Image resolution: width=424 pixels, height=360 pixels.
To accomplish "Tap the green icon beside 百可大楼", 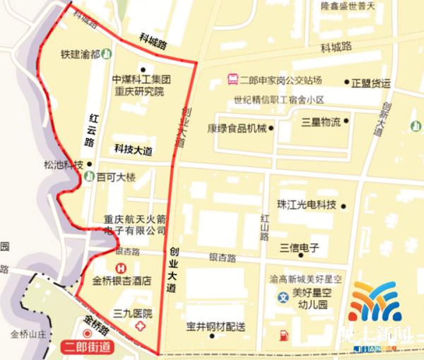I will (x=89, y=175).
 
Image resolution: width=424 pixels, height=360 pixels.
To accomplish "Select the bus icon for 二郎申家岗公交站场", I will (x=232, y=81).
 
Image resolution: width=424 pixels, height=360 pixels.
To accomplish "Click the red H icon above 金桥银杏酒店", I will (x=122, y=268).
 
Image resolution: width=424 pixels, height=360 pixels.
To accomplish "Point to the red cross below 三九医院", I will (x=141, y=325).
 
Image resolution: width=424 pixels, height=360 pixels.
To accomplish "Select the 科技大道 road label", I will (x=133, y=149).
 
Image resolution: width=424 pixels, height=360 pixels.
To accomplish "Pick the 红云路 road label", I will (x=90, y=129).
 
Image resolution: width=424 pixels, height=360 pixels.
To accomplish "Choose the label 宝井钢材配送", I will (x=216, y=326).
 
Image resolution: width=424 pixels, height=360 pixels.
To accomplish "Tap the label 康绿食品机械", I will (x=237, y=128).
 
